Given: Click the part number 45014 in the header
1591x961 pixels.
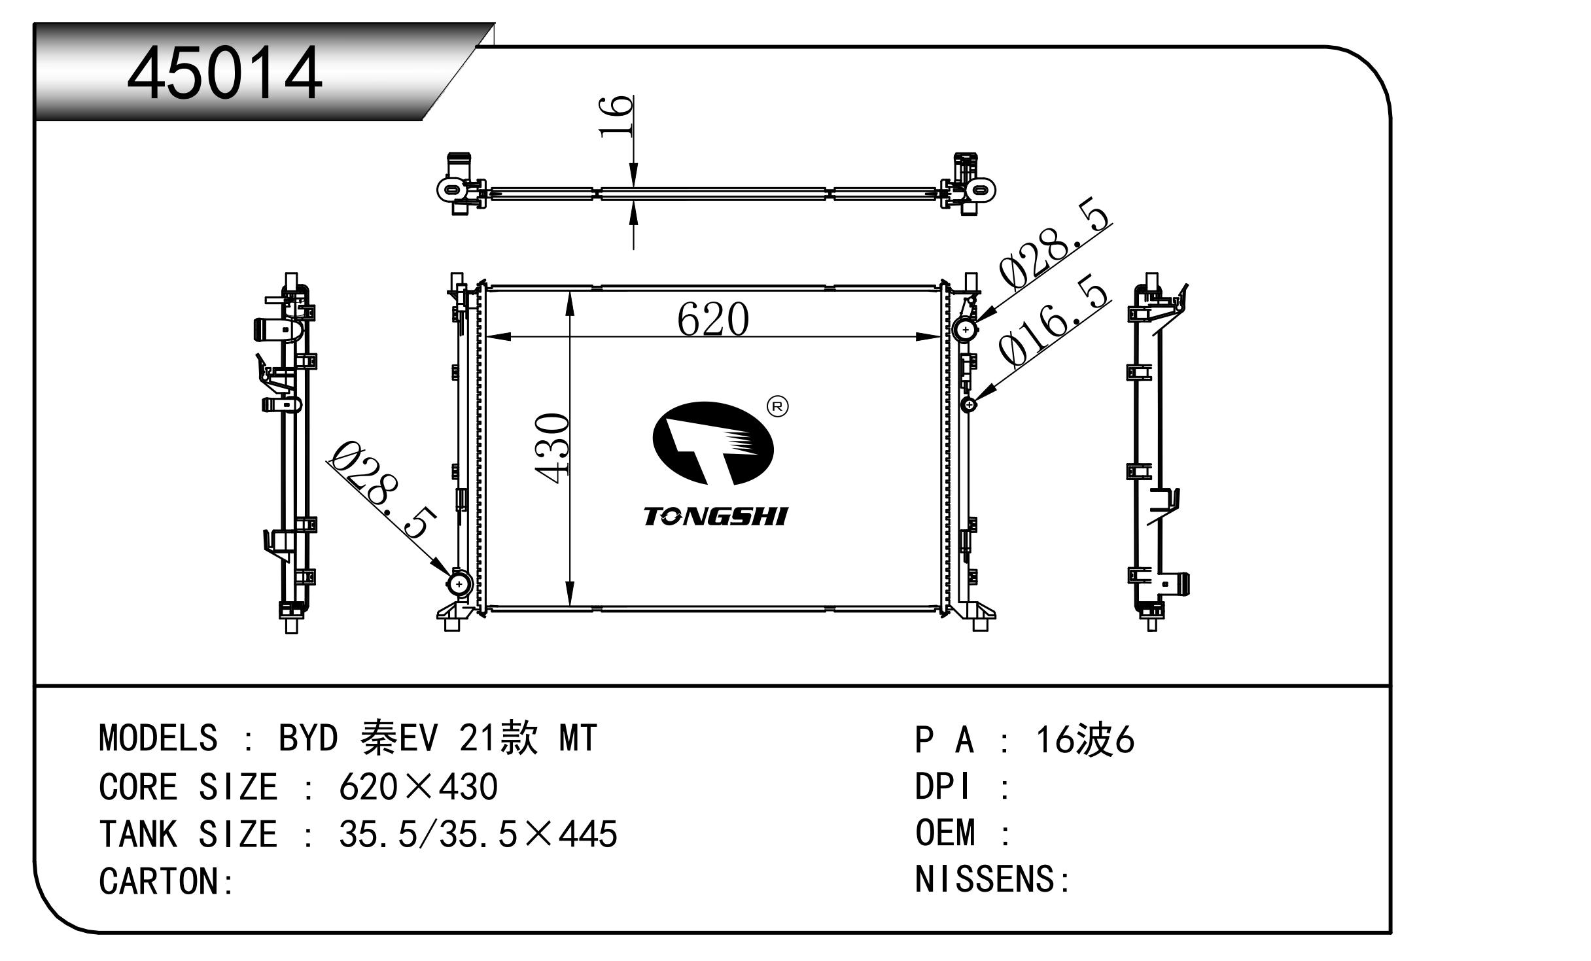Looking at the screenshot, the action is (224, 74).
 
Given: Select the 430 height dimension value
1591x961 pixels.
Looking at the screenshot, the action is (552, 448).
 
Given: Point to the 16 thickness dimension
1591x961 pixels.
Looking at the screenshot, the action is (616, 116).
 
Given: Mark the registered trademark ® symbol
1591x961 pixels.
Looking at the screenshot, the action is (777, 406).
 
